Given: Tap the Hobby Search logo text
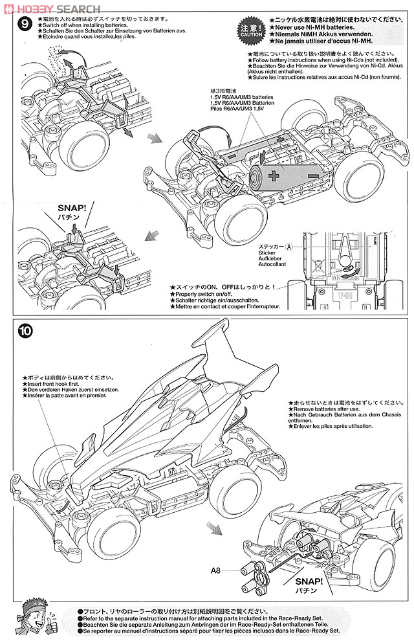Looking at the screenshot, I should [50, 7].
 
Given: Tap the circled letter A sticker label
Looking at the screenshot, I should [289, 247].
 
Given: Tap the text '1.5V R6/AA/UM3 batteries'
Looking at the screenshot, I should [241, 96].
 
